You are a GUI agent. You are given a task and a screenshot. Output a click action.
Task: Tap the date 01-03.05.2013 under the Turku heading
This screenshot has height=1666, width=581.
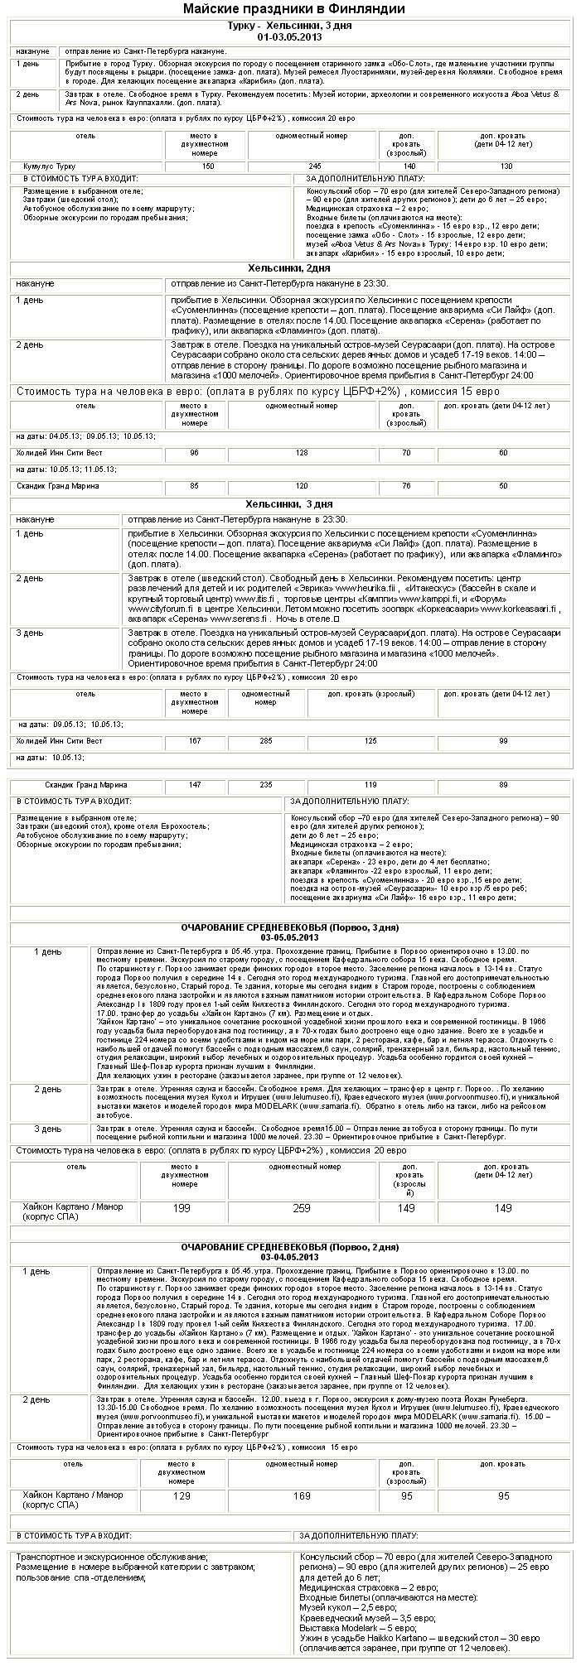pyautogui.click(x=290, y=36)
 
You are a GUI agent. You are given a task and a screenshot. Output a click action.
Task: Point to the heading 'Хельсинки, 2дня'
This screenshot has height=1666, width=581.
pyautogui.click(x=289, y=268)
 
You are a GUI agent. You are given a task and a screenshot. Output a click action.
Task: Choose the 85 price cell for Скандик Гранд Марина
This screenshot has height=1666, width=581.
pyautogui.click(x=195, y=486)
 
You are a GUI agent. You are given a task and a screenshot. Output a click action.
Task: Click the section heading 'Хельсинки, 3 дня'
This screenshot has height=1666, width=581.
pyautogui.click(x=289, y=503)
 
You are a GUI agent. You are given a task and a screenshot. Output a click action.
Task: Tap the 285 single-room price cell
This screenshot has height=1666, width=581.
pyautogui.click(x=266, y=740)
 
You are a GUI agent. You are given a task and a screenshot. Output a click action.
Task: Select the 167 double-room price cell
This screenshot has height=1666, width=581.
pyautogui.click(x=195, y=740)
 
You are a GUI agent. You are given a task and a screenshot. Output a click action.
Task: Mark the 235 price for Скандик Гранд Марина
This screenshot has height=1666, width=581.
pyautogui.click(x=266, y=783)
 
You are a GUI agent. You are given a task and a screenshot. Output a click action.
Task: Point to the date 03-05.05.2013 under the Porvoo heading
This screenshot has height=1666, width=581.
pyautogui.click(x=289, y=937)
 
